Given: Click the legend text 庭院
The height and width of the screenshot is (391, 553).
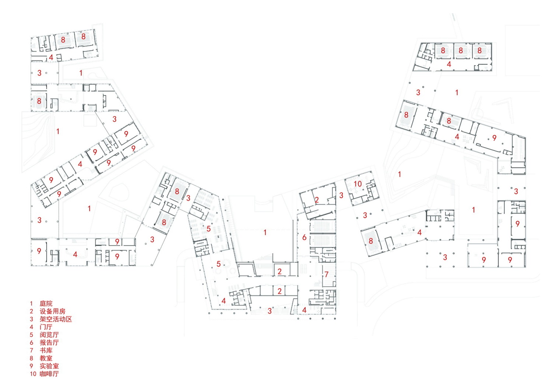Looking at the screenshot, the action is coord(46,303).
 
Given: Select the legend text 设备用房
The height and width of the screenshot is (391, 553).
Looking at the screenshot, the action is coord(53,311).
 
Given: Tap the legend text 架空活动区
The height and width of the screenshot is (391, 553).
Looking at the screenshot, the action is coord(56,319).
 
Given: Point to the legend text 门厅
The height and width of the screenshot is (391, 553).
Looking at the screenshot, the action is coord(46,327).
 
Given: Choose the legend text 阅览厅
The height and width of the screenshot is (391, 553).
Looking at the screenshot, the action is coord(49,335).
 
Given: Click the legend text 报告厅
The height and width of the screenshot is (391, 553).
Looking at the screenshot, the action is coord(49,343).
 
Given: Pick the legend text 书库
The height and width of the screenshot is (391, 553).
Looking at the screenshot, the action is coord(46,350).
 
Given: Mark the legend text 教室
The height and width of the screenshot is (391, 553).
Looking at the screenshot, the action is coord(46,358).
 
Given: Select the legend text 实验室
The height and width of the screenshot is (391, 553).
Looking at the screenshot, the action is coord(49,366).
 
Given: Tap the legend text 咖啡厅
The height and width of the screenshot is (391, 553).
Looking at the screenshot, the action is coord(49,374).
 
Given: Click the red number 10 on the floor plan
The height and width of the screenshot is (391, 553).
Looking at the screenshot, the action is coord(358,184).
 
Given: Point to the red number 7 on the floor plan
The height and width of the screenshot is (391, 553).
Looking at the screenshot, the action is coord(326,274).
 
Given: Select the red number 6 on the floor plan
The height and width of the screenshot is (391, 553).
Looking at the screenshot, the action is coord(305,237).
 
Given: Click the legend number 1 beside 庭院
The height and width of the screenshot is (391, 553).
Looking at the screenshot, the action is coord(31,303).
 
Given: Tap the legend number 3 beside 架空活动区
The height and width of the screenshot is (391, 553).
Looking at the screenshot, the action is coord(31,319).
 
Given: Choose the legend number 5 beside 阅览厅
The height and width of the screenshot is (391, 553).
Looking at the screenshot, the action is coord(31,335).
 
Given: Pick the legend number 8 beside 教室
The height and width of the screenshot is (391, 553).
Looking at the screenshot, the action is coord(31,358).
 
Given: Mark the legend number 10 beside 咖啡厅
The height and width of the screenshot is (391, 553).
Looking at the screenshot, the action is coord(33,374).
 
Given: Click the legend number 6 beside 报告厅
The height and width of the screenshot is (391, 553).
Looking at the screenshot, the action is coord(31,343).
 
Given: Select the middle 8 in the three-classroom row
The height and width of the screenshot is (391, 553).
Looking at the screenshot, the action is coord(461,50).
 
